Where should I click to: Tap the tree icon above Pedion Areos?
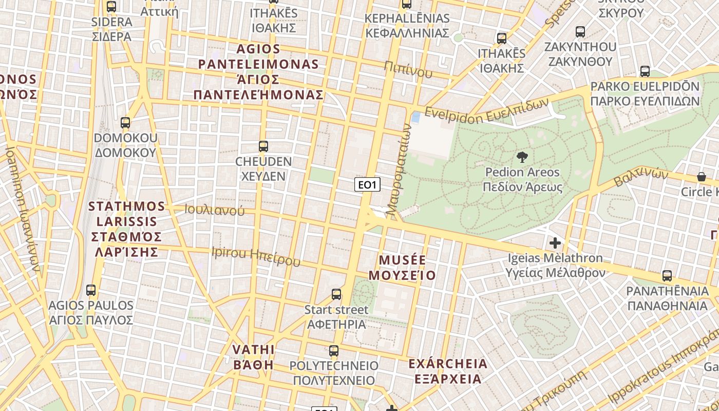[522, 157]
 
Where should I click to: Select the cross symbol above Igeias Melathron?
[555, 242]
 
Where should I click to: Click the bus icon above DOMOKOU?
[125, 123]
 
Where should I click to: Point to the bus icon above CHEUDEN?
[263, 146]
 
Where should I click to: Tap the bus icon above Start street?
[336, 294]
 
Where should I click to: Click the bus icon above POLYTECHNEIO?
[334, 351]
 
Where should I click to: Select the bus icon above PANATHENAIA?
[667, 276]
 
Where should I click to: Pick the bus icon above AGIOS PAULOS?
[91, 290]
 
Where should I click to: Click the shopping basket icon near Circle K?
[701, 177]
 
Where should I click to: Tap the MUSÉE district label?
[402, 267]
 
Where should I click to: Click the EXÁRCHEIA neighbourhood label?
[447, 371]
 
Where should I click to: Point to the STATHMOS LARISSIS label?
[126, 229]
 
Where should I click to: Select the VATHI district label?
[253, 357]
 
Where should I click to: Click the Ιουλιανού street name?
[215, 210]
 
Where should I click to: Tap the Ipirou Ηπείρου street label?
[256, 256]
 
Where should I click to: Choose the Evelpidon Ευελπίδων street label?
[486, 110]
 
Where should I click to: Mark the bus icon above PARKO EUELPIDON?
[645, 71]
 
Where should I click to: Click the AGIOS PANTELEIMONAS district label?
[258, 72]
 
